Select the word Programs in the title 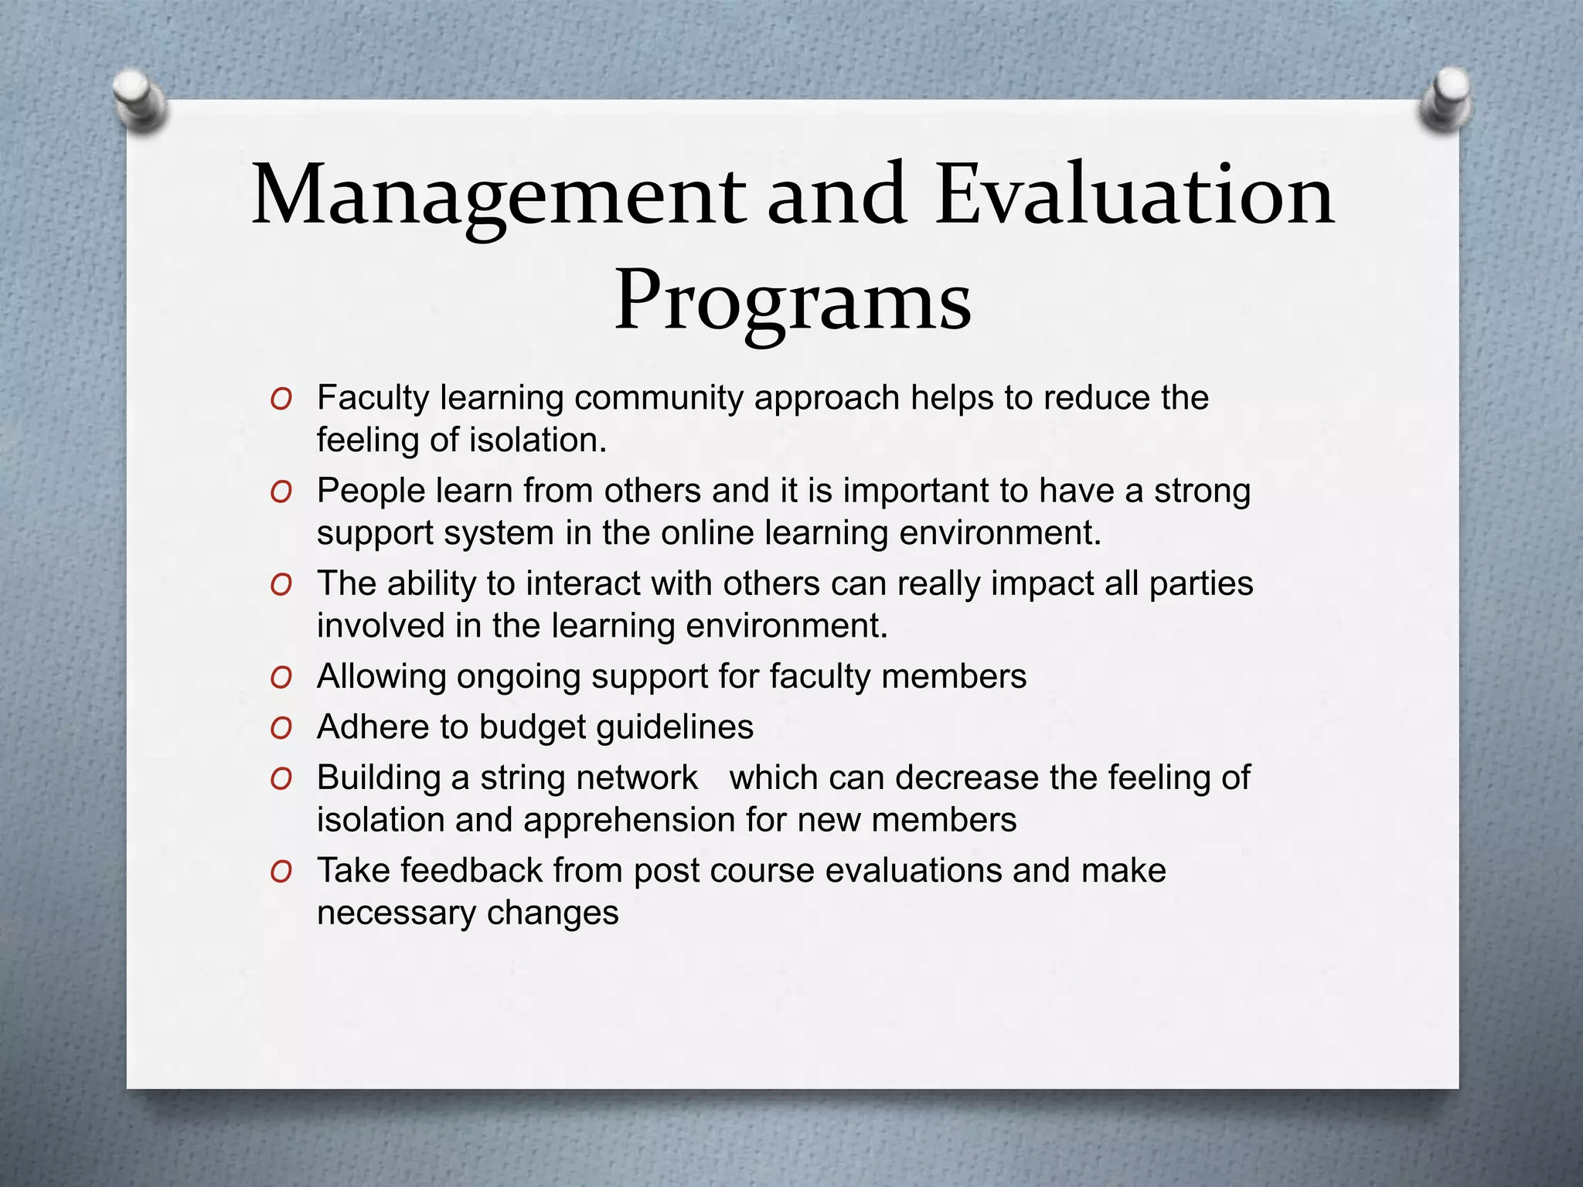click(792, 302)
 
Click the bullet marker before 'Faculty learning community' click(281, 400)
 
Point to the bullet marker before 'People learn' click(281, 492)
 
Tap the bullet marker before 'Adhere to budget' click(281, 729)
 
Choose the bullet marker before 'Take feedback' click(281, 872)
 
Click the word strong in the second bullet click(1202, 491)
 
